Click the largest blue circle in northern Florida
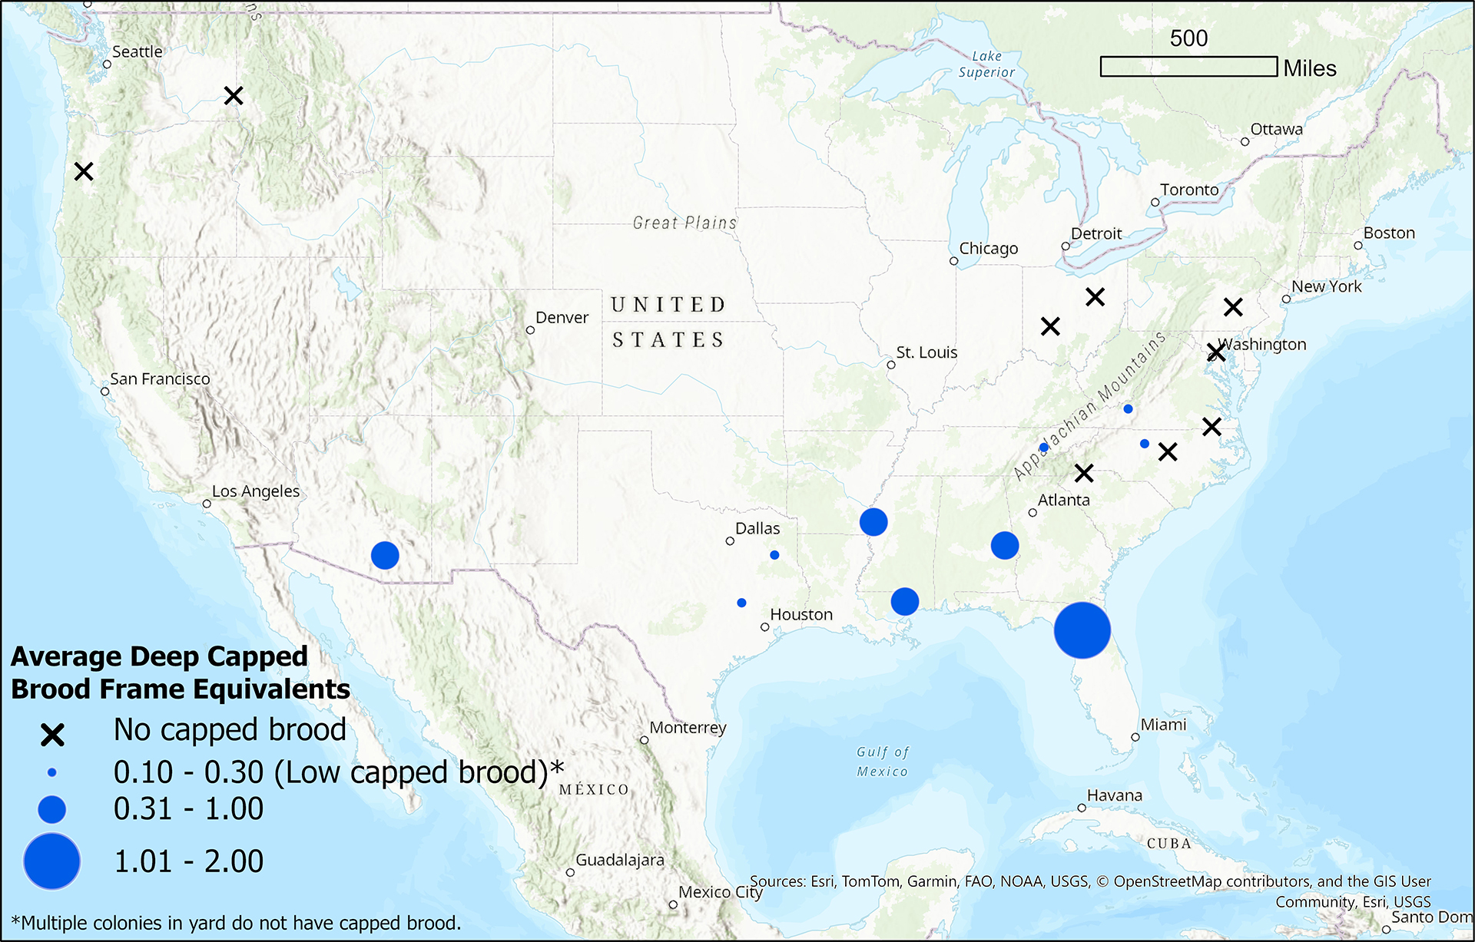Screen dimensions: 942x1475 pyautogui.click(x=1082, y=630)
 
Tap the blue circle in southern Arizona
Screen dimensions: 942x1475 pyautogui.click(x=385, y=554)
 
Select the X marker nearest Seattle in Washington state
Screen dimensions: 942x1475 pyautogui.click(x=234, y=96)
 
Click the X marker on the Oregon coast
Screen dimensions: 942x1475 pyautogui.click(x=84, y=171)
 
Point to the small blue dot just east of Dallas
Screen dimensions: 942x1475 pyautogui.click(x=774, y=554)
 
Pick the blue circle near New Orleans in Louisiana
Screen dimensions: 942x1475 pyautogui.click(x=905, y=601)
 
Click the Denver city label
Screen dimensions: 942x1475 pyautogui.click(x=562, y=317)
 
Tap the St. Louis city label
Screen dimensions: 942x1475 pyautogui.click(x=926, y=352)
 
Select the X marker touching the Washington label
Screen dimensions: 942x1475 pyautogui.click(x=1215, y=352)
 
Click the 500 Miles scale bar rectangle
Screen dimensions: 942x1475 pyautogui.click(x=1188, y=67)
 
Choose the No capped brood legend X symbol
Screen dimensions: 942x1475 pyautogui.click(x=52, y=735)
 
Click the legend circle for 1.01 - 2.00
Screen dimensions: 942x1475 pyautogui.click(x=52, y=861)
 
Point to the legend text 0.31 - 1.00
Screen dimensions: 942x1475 pyautogui.click(x=188, y=809)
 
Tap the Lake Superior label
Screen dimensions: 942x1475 pyautogui.click(x=986, y=64)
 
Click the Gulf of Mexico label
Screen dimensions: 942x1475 pyautogui.click(x=883, y=762)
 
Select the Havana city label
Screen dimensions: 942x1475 pyautogui.click(x=1114, y=795)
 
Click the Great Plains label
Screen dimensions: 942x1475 pyautogui.click(x=684, y=223)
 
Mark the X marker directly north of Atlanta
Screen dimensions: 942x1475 pyautogui.click(x=1083, y=473)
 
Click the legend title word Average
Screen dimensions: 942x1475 pyautogui.click(x=66, y=657)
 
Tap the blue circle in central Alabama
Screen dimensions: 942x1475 pyautogui.click(x=1005, y=545)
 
